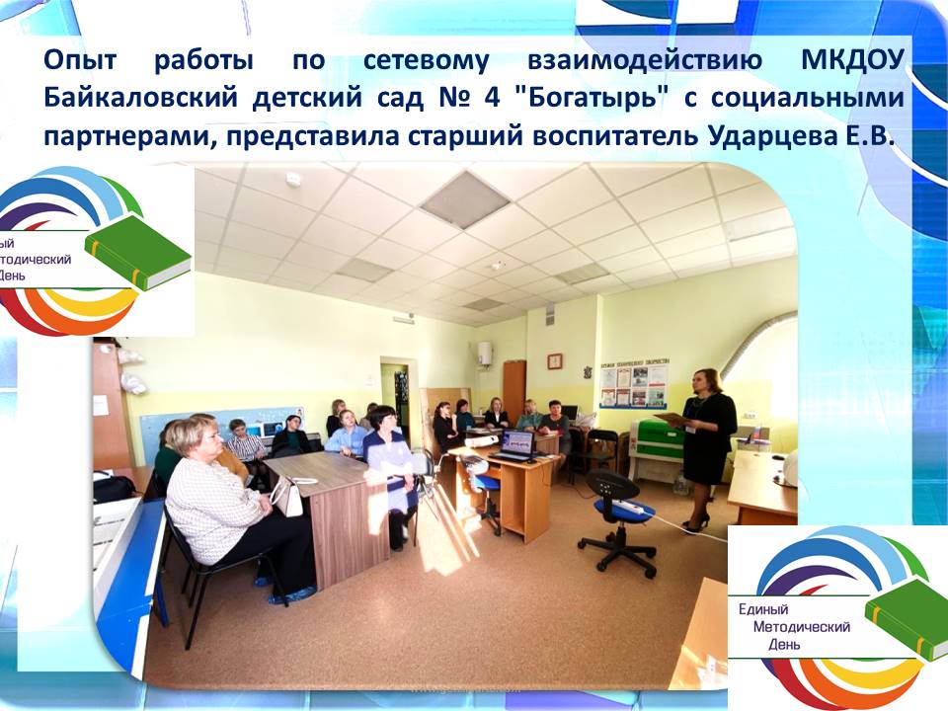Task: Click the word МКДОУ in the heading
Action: click(x=852, y=61)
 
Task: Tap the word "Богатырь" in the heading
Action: click(x=592, y=98)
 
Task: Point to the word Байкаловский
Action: click(x=141, y=99)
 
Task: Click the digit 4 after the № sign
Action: click(x=492, y=98)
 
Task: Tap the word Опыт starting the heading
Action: click(x=80, y=61)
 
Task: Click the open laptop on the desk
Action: click(x=513, y=446)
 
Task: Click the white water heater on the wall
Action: click(x=484, y=353)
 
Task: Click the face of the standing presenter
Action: click(x=706, y=384)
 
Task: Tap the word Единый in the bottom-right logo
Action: click(x=763, y=609)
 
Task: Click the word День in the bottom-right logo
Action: click(x=784, y=645)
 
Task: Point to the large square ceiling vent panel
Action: click(x=465, y=198)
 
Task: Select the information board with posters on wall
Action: click(x=634, y=385)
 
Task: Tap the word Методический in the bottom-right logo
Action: click(x=802, y=627)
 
